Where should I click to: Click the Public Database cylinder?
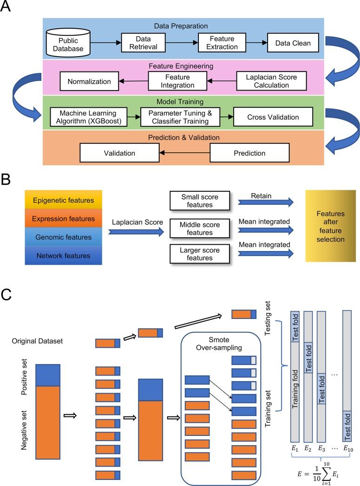[x=67, y=44]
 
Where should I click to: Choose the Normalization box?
[x=89, y=82]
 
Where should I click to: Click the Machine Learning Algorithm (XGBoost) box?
[x=88, y=117]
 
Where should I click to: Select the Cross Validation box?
[x=273, y=117]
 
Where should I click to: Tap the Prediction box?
[x=249, y=153]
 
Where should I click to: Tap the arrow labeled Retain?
[x=265, y=201]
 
